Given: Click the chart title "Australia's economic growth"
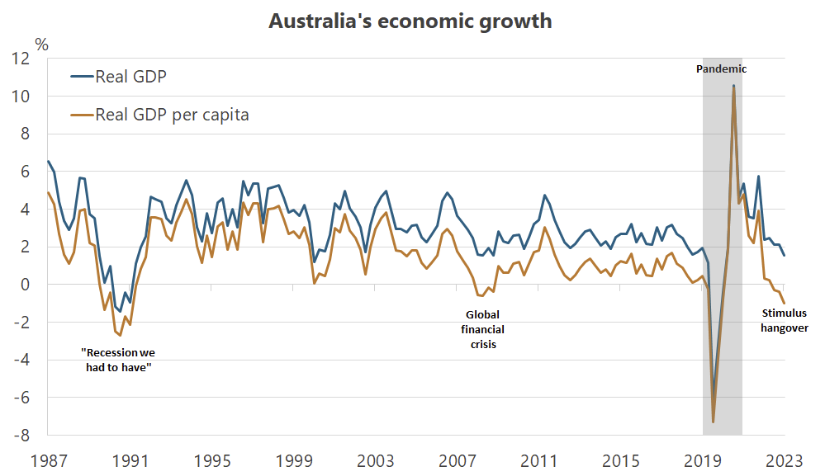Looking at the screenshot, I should point(410,21).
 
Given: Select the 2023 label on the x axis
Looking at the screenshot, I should point(784,460).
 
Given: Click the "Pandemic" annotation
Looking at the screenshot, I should point(722,69).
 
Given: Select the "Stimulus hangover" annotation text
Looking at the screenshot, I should point(784,321).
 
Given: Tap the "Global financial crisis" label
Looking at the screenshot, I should point(483,329).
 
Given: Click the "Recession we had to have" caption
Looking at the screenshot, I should point(121,360).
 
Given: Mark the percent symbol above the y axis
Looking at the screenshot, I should point(41,44).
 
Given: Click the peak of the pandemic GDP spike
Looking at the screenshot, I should point(733,86).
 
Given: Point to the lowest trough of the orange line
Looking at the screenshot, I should point(713,422).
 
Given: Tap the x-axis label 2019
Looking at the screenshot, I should point(702,460).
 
